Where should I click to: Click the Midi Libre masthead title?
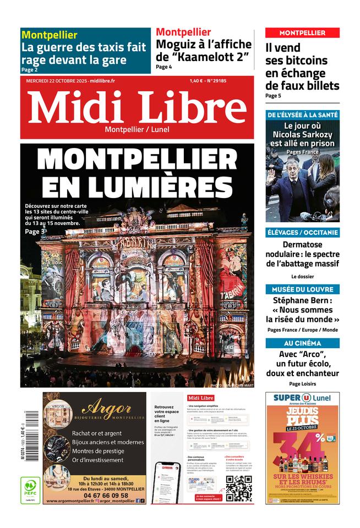(137, 107)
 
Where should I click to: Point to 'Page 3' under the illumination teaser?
(34, 232)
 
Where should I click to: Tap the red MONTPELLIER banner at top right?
(302, 33)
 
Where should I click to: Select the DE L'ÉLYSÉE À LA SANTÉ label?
(302, 115)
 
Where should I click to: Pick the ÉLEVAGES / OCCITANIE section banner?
(302, 232)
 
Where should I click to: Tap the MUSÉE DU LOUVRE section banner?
(302, 289)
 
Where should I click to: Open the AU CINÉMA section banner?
(302, 343)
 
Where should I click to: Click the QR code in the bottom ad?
(239, 487)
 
